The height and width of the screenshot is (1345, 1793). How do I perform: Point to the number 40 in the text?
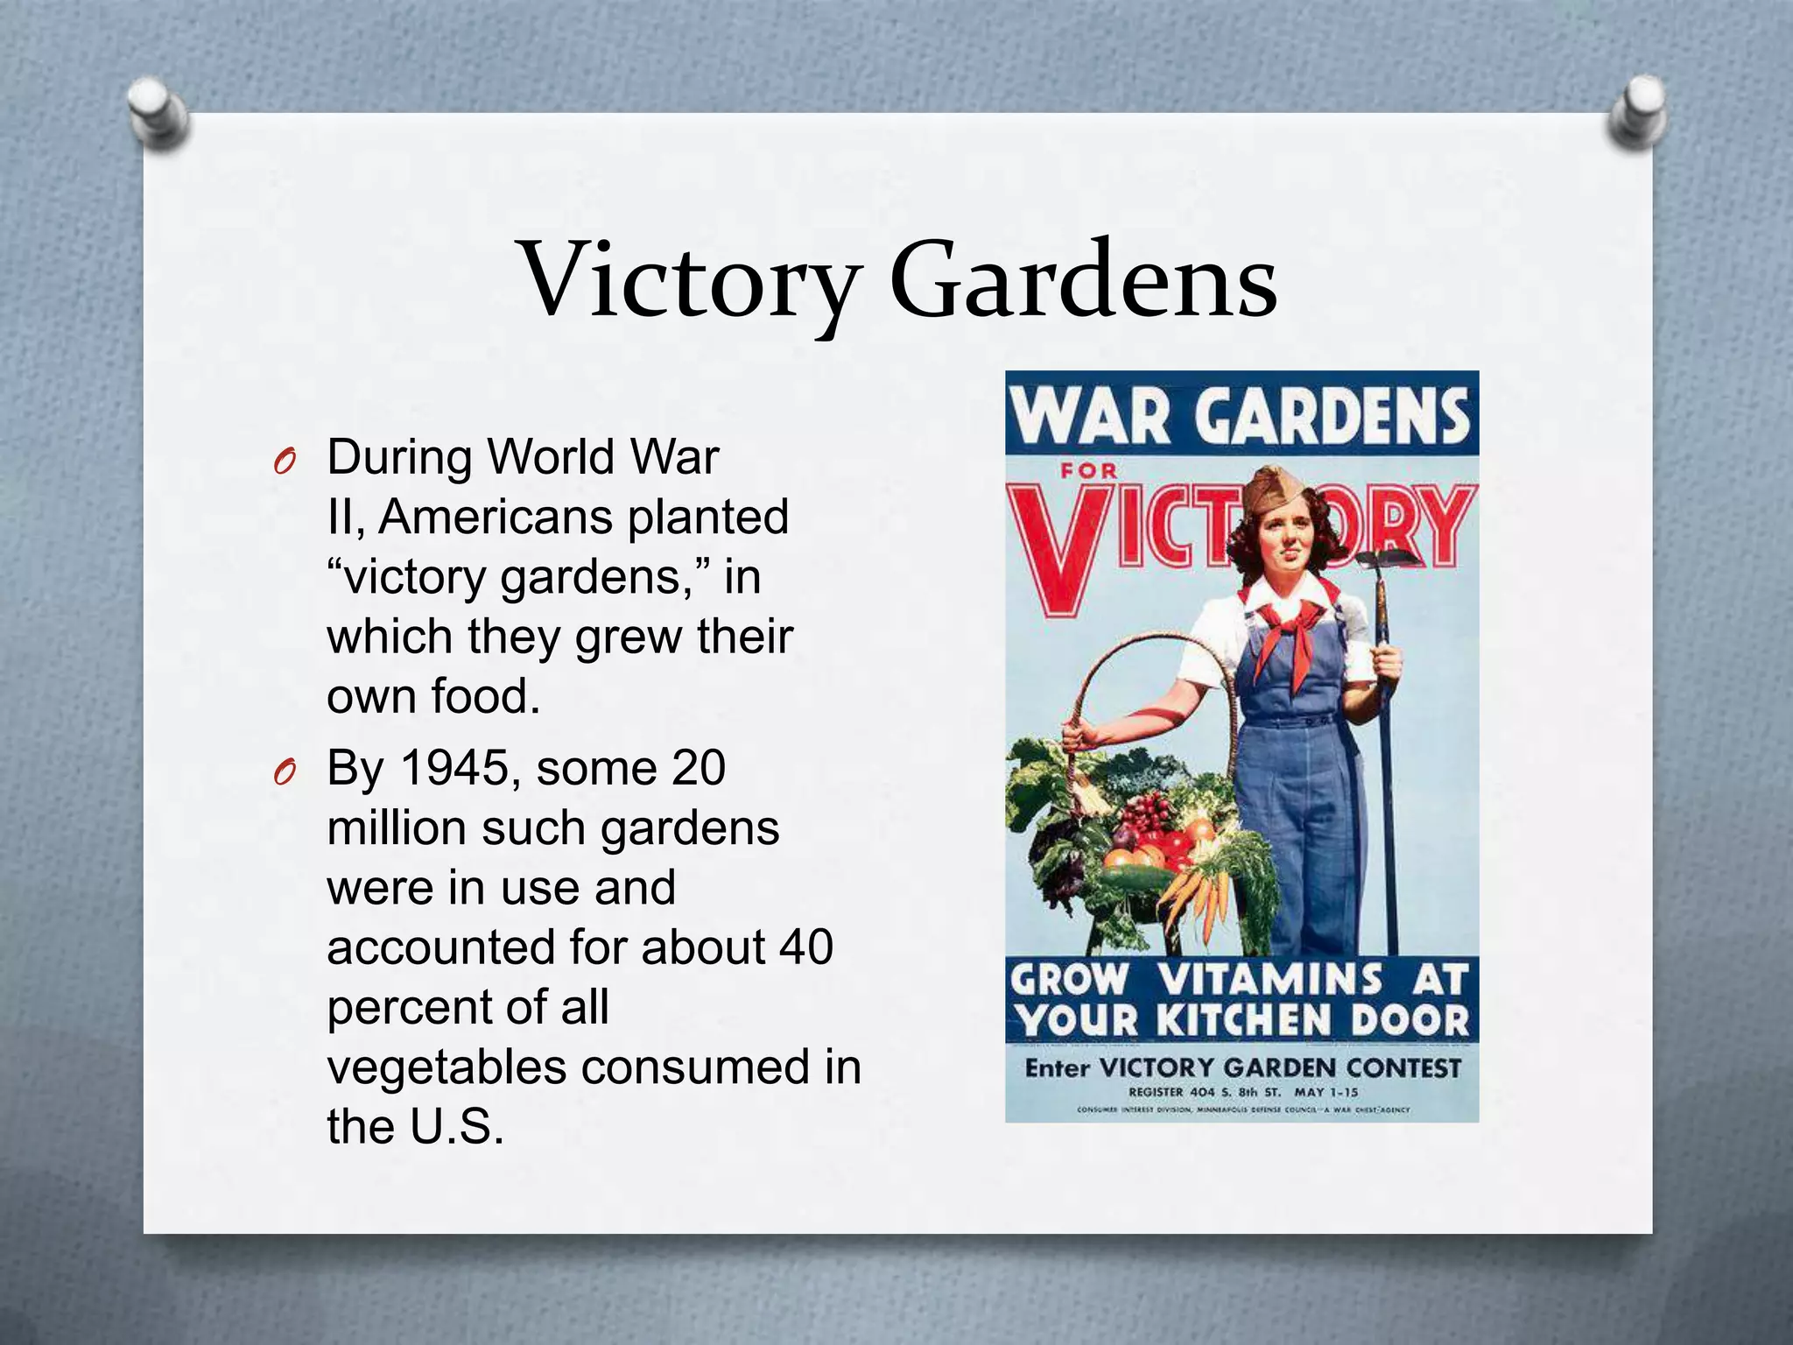point(805,947)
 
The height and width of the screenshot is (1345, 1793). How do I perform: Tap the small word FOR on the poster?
point(1089,471)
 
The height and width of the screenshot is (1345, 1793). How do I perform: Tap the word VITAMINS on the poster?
point(1269,979)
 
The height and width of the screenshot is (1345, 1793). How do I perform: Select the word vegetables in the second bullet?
point(446,1067)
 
